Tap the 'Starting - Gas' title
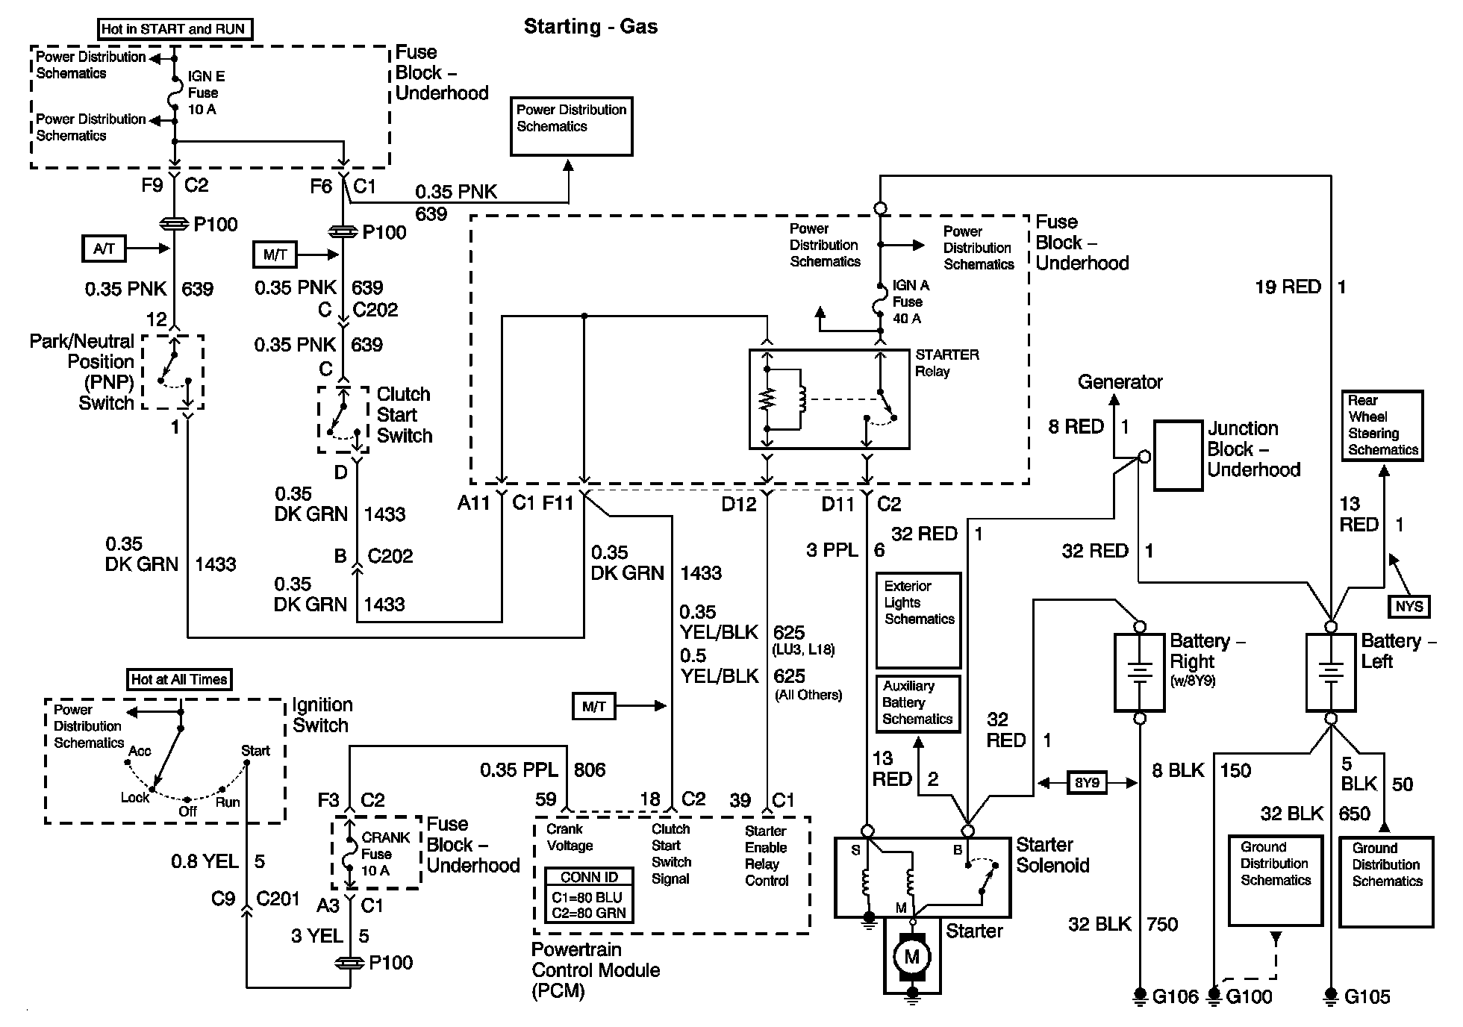coord(590,27)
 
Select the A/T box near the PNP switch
coord(104,249)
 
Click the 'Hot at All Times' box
coord(179,679)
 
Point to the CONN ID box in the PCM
coord(589,896)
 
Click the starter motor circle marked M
coord(911,956)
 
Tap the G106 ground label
coord(1175,996)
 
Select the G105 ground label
coord(1367,996)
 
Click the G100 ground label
coord(1249,996)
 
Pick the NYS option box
coord(1409,606)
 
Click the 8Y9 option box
coord(1087,783)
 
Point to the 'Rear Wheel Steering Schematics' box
coord(1382,425)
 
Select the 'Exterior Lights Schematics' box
coord(918,619)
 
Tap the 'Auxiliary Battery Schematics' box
coord(917,703)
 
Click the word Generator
coord(1120,382)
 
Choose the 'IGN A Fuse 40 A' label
coord(911,302)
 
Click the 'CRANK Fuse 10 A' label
coord(385,854)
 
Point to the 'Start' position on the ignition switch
coord(255,751)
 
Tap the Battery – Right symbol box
coord(1139,672)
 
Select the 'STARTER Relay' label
coord(946,363)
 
